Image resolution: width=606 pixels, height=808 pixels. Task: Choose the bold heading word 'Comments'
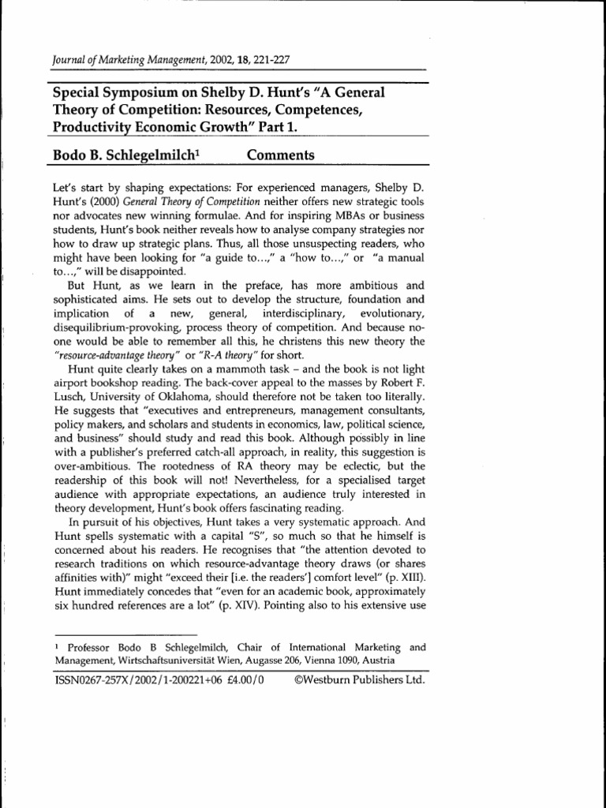coord(280,155)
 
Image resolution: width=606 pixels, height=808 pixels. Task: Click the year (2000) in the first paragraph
coord(93,200)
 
